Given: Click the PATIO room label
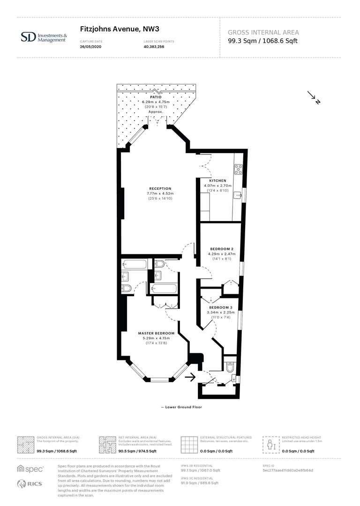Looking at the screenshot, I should pos(156,97).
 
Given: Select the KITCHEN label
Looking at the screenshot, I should pos(217,180).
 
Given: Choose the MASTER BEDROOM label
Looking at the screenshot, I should pos(156,333).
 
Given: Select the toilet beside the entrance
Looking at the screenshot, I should pos(230,368).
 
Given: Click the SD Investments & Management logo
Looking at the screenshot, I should pos(44,37).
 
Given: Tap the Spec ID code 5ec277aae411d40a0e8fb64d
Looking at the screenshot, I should pos(287,470).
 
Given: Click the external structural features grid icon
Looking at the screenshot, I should pos(189,444).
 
